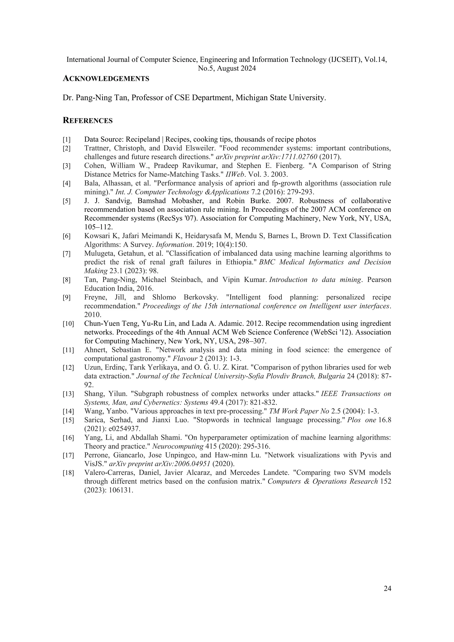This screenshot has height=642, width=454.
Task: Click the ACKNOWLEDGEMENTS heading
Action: point(106,79)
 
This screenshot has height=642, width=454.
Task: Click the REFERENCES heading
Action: point(88,121)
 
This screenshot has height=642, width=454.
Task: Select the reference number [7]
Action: point(67,254)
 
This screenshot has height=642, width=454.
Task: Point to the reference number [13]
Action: point(68,394)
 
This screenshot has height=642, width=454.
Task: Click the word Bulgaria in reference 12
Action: point(332,376)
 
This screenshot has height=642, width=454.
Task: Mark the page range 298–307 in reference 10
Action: point(252,341)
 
